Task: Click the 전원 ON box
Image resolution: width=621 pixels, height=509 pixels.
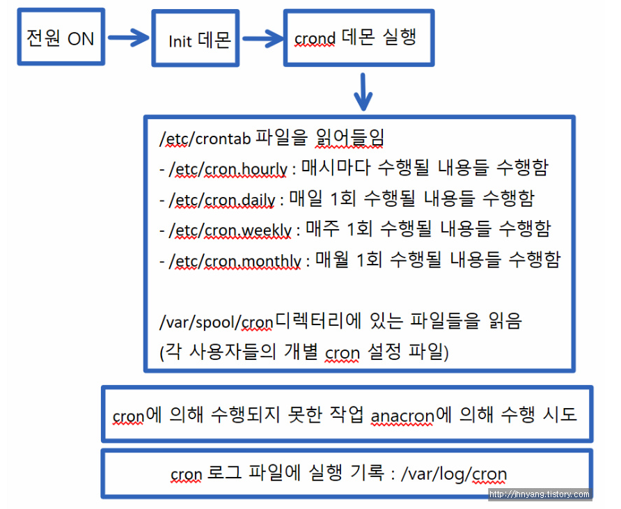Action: click(60, 38)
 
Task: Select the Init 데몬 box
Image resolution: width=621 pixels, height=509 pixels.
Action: click(200, 40)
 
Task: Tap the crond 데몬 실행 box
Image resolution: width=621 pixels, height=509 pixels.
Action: click(357, 38)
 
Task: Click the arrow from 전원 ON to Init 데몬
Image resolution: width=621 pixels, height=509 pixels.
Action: click(129, 38)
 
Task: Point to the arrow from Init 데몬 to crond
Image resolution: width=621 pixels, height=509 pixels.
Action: click(261, 38)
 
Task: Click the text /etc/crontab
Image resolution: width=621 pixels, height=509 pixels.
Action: click(206, 139)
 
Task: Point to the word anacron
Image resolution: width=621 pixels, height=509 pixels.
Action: click(402, 416)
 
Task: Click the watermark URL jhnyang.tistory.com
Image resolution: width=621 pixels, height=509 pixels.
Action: click(540, 494)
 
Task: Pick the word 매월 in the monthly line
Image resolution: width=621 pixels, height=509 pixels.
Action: click(331, 260)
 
